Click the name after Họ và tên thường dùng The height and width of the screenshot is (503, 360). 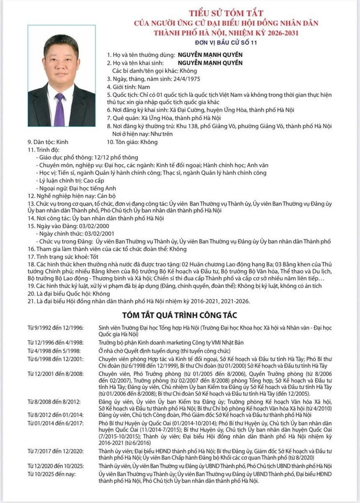click(203, 56)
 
